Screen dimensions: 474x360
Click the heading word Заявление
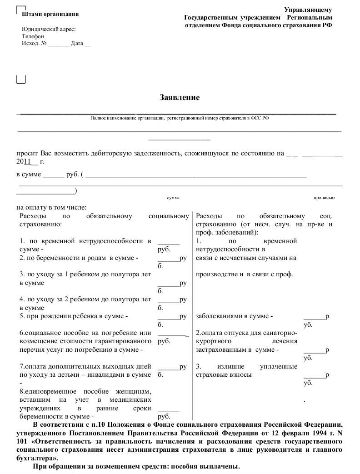tap(180, 97)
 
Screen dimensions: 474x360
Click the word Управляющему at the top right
tap(308, 10)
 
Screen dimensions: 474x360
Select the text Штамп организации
tap(50, 14)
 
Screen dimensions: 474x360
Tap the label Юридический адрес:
tap(49, 29)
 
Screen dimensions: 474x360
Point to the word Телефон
tap(33, 36)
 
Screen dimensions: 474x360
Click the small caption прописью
tap(324, 198)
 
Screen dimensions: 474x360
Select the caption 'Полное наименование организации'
tap(127, 118)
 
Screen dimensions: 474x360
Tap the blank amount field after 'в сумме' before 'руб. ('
tap(54, 174)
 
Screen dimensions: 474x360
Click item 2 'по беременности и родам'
tap(79, 258)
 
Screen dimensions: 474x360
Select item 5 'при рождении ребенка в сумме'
tap(74, 316)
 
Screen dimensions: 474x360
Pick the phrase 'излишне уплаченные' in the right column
tap(257, 366)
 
